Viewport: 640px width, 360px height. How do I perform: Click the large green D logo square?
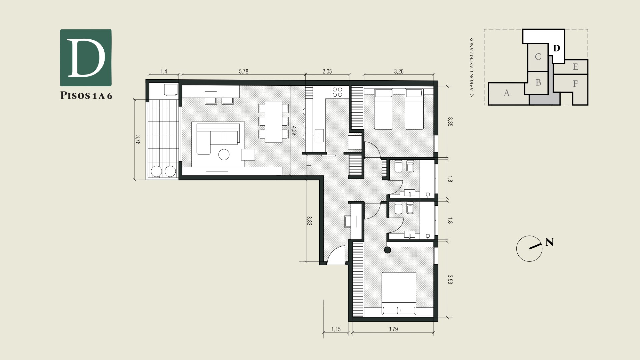point(86,58)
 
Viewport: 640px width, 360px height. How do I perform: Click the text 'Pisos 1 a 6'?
point(86,96)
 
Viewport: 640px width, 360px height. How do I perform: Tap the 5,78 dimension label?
point(244,71)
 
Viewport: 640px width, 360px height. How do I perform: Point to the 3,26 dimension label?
point(399,71)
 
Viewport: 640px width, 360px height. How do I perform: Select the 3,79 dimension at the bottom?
point(393,329)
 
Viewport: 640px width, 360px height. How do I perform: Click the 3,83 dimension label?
point(309,221)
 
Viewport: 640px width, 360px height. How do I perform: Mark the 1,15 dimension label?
point(336,329)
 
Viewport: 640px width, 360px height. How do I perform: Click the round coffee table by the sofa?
point(224,154)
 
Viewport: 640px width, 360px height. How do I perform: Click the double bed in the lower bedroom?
point(399,294)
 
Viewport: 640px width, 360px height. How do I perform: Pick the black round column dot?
point(387,250)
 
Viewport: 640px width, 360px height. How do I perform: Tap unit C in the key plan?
point(538,57)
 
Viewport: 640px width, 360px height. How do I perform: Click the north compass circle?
point(529,249)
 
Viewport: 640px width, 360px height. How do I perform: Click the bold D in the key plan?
point(556,48)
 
